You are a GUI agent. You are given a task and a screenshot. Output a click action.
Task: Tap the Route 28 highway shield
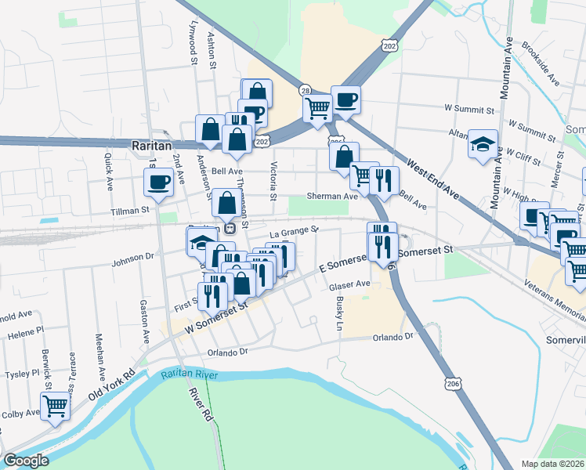pyautogui.click(x=304, y=91)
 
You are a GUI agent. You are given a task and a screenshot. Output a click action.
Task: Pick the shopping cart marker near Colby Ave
pyautogui.click(x=55, y=406)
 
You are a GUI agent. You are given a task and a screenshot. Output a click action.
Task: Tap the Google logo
pyautogui.click(x=27, y=461)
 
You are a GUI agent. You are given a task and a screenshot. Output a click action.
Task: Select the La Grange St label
pyautogui.click(x=293, y=231)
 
